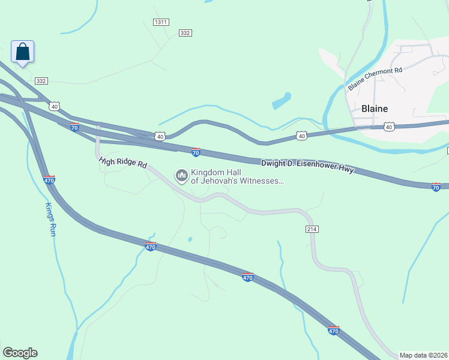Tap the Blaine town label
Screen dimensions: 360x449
point(375,109)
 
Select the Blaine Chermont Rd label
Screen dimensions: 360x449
point(375,79)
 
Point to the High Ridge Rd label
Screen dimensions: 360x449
point(123,162)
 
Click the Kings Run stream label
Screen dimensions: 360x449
point(50,218)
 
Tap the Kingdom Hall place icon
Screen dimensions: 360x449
point(181,176)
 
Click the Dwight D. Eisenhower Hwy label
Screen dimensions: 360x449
point(307,166)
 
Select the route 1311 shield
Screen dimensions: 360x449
point(161,22)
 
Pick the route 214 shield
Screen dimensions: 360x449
point(312,229)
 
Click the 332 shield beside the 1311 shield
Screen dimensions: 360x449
point(185,33)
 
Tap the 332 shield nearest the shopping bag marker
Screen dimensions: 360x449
point(41,80)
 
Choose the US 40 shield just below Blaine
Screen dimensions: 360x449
point(389,127)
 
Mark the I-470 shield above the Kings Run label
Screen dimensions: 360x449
point(49,179)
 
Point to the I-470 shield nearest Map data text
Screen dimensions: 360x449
point(334,330)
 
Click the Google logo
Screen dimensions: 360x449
point(20,353)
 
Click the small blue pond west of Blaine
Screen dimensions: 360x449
point(281,101)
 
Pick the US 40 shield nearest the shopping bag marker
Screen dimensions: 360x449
point(55,106)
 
